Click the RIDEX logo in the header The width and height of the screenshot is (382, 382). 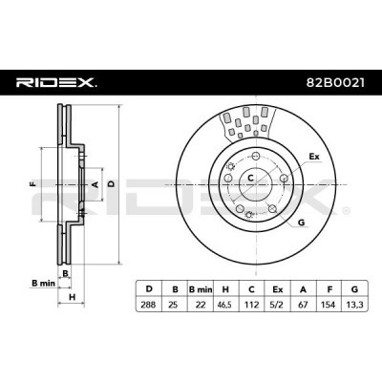[x=56, y=83]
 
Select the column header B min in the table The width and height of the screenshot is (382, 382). [x=200, y=286]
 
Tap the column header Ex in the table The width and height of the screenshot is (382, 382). [x=278, y=286]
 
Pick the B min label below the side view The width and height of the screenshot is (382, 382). [x=39, y=284]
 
